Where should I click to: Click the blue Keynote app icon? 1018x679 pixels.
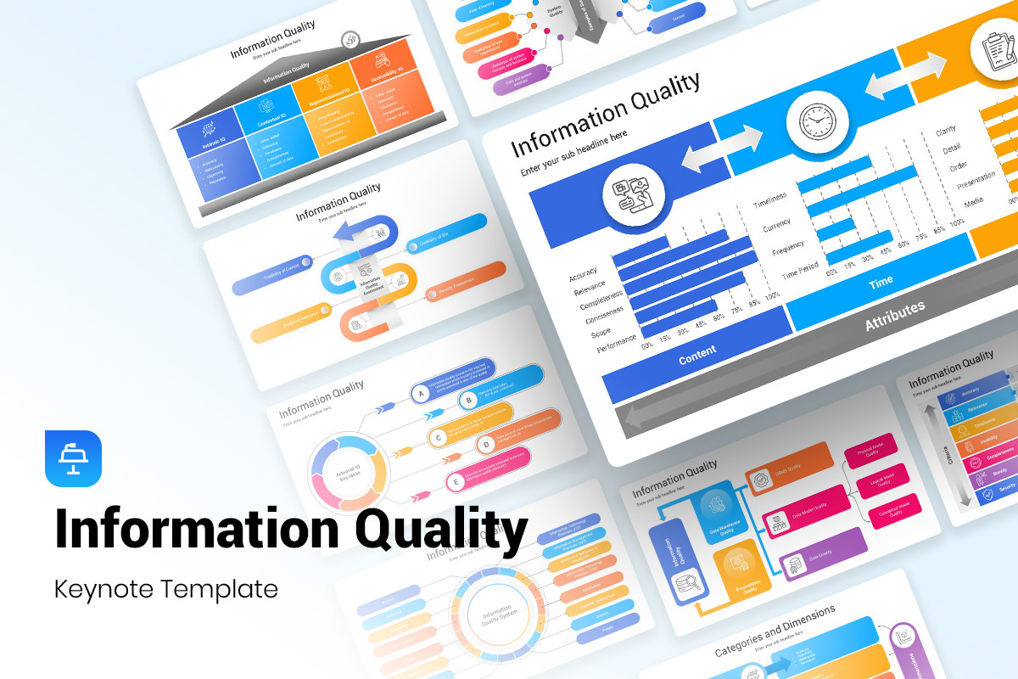(73, 458)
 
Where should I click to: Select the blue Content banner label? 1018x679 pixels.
(697, 349)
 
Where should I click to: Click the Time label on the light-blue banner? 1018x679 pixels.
(881, 283)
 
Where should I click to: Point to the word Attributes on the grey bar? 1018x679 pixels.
(894, 316)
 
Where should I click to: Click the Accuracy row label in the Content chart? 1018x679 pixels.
(583, 275)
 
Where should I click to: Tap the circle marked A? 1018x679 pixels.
(417, 394)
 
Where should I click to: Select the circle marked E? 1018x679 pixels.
(455, 482)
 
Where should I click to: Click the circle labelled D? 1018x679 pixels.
(485, 444)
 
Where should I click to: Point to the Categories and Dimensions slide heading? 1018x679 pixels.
(775, 630)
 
